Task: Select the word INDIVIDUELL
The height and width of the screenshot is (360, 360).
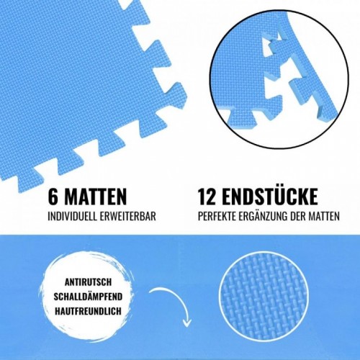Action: (72, 216)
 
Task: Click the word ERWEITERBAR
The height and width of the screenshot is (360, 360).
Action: (128, 216)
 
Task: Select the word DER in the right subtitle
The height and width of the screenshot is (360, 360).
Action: (297, 216)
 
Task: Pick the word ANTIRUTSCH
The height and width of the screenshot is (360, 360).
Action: (88, 282)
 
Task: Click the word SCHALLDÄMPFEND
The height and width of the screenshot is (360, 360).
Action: (88, 296)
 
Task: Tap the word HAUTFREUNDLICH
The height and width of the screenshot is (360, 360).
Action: (88, 311)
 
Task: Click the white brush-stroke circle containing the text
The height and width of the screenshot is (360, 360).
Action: (88, 297)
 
